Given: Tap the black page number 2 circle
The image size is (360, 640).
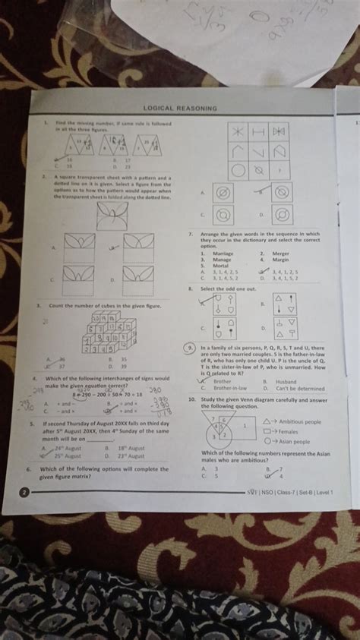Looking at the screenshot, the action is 25,493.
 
